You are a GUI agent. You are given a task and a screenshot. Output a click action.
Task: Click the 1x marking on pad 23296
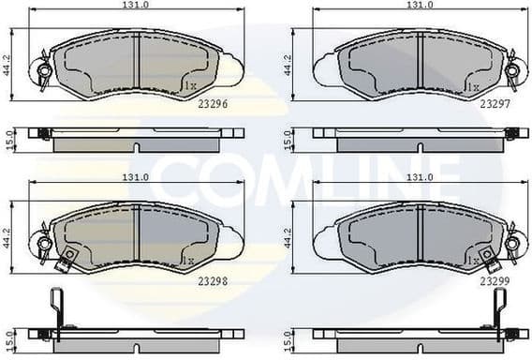click(x=189, y=86)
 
